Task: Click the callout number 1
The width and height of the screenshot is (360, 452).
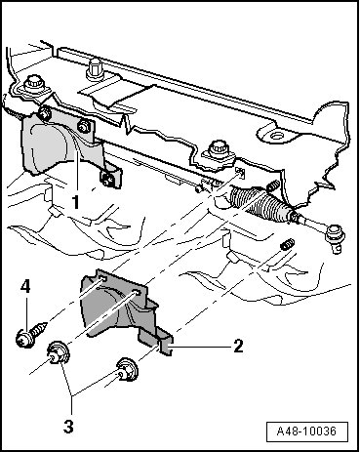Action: (75, 202)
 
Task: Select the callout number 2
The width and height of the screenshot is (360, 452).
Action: (238, 346)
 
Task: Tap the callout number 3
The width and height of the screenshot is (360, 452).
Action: (68, 426)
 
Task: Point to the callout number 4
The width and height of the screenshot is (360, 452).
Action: (25, 287)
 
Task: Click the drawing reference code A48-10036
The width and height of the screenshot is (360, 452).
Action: (306, 431)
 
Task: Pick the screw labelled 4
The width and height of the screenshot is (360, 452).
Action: (30, 333)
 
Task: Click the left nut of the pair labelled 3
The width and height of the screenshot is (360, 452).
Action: (58, 354)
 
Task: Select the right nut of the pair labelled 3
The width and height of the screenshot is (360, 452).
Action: (127, 369)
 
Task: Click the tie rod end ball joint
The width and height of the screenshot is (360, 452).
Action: (335, 236)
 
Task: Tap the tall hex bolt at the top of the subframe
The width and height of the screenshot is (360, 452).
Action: (95, 69)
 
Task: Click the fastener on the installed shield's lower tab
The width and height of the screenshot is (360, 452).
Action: (108, 178)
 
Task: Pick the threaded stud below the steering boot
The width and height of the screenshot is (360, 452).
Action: (288, 244)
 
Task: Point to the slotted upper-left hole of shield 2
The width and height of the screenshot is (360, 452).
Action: (102, 278)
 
